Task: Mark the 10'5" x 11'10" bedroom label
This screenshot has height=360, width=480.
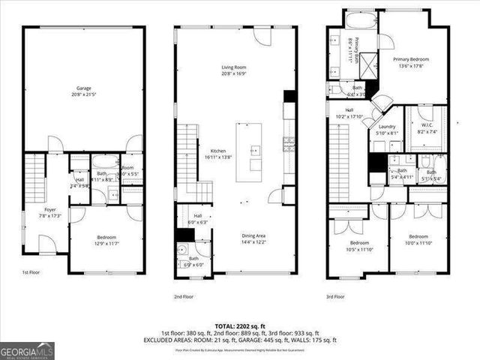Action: pos(359,246)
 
